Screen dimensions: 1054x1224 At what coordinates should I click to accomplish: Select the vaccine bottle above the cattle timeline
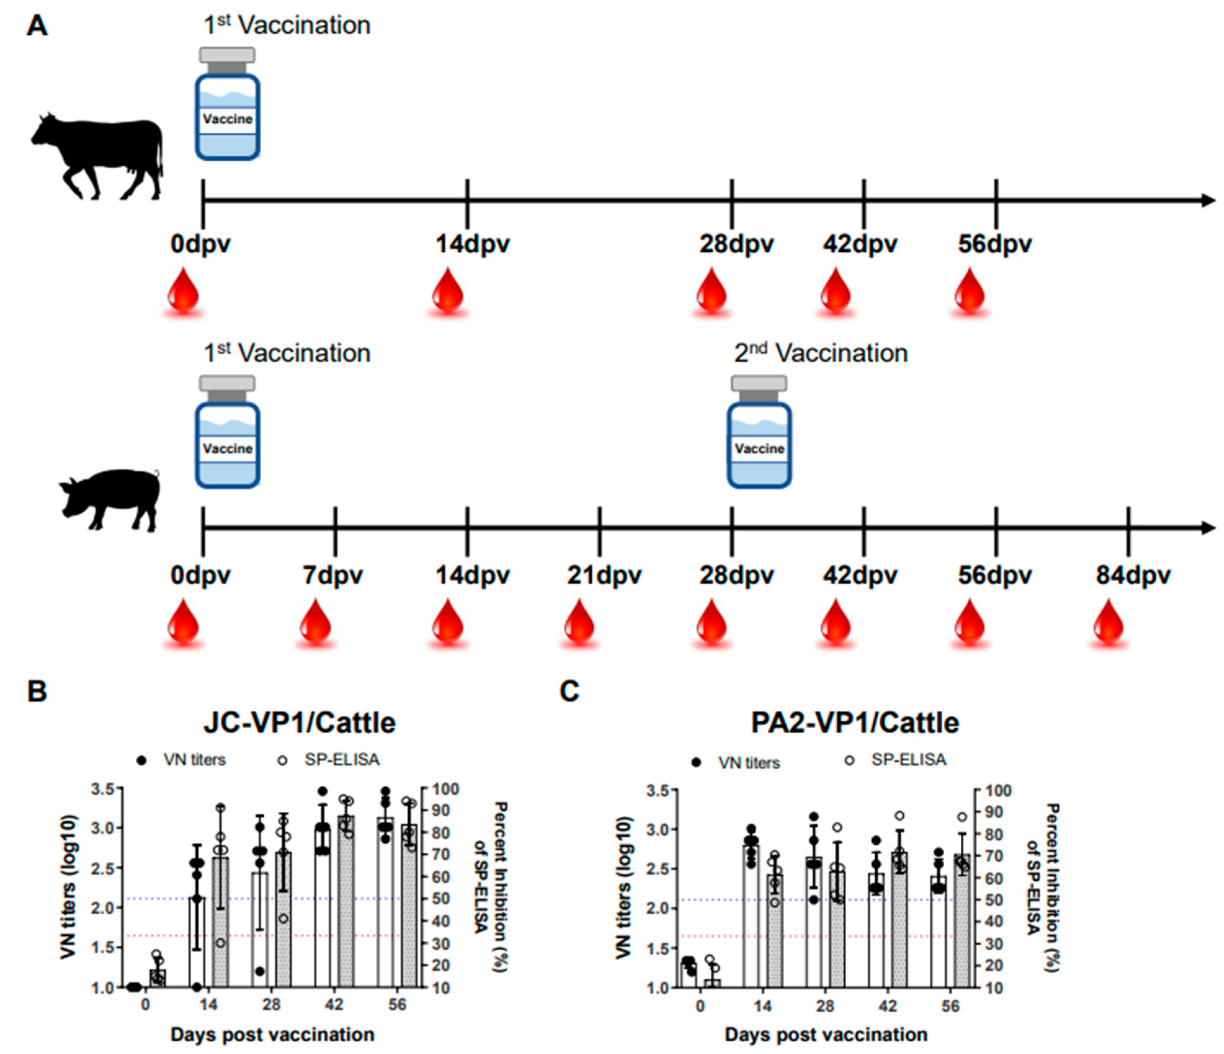point(228,104)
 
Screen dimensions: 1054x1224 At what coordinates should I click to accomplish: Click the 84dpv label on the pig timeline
point(1133,575)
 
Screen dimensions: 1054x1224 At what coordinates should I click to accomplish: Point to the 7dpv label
point(333,575)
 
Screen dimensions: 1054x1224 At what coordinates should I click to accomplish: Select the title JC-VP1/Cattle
point(299,723)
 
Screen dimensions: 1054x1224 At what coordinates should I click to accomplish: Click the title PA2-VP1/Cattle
point(855,723)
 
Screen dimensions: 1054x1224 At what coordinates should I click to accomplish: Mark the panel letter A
point(37,27)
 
